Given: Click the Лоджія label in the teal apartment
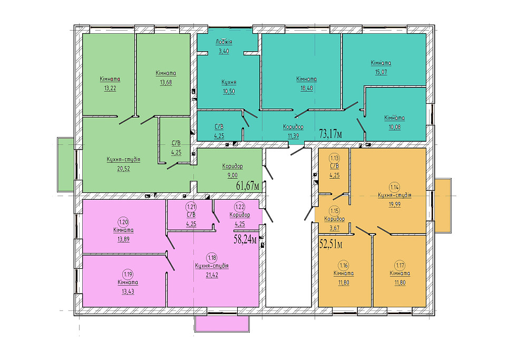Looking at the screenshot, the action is click(224, 42).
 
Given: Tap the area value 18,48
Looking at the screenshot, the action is click(307, 88).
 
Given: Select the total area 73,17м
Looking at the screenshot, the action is click(331, 134).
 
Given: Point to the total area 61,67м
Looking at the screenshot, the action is click(248, 186).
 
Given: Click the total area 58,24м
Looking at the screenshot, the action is click(246, 239).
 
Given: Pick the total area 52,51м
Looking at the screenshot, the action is click(331, 244).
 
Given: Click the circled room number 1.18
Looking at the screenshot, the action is click(212, 258).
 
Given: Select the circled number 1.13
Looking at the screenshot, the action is click(335, 158).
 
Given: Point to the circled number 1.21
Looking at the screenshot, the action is click(191, 207).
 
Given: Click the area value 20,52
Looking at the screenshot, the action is click(123, 169).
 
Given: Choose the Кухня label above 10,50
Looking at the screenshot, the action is click(229, 82).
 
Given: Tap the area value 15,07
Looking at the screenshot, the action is click(381, 72).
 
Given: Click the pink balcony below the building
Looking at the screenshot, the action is click(222, 324).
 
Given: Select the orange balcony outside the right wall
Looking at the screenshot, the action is click(443, 206).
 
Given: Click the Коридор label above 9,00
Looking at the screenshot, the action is click(232, 166).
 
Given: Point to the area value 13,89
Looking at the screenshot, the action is click(123, 239).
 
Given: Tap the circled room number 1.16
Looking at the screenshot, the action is click(344, 266).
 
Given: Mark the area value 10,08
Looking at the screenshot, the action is click(394, 127).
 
